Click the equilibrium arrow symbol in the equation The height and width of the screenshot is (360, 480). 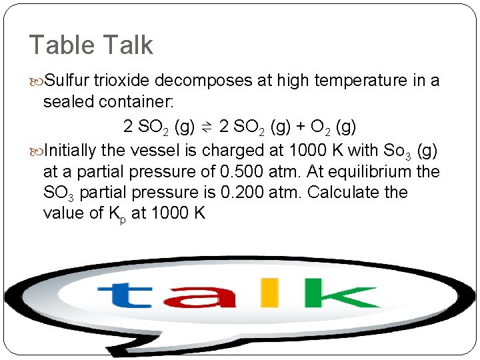pyautogui.click(x=207, y=127)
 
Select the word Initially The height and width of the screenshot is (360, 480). pyautogui.click(x=70, y=149)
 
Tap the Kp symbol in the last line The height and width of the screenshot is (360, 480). pyautogui.click(x=114, y=215)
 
